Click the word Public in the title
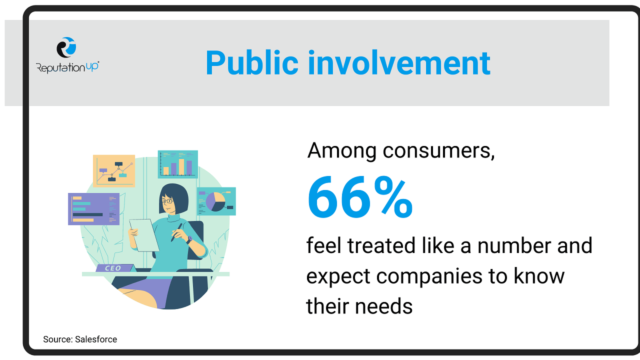click(252, 63)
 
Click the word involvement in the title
click(399, 62)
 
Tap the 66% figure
click(360, 197)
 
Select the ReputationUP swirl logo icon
click(66, 47)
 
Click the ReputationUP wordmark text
click(67, 67)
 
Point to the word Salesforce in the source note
click(96, 339)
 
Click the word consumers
click(438, 150)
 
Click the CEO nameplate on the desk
click(114, 268)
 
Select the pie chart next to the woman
click(215, 201)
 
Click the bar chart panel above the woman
click(177, 164)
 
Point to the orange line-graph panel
click(114, 171)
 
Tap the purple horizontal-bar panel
click(93, 209)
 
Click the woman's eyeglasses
click(167, 201)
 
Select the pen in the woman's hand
click(176, 232)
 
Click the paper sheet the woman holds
click(144, 235)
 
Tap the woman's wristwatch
click(189, 239)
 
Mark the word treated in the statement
click(381, 245)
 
